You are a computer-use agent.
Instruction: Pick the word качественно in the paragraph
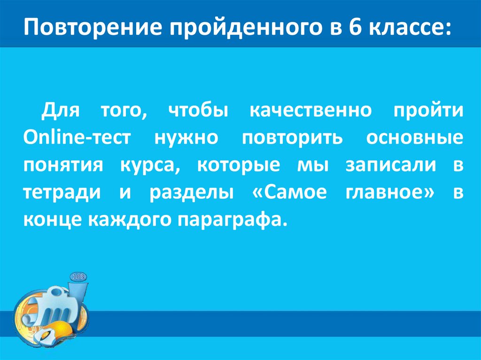[310, 112]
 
